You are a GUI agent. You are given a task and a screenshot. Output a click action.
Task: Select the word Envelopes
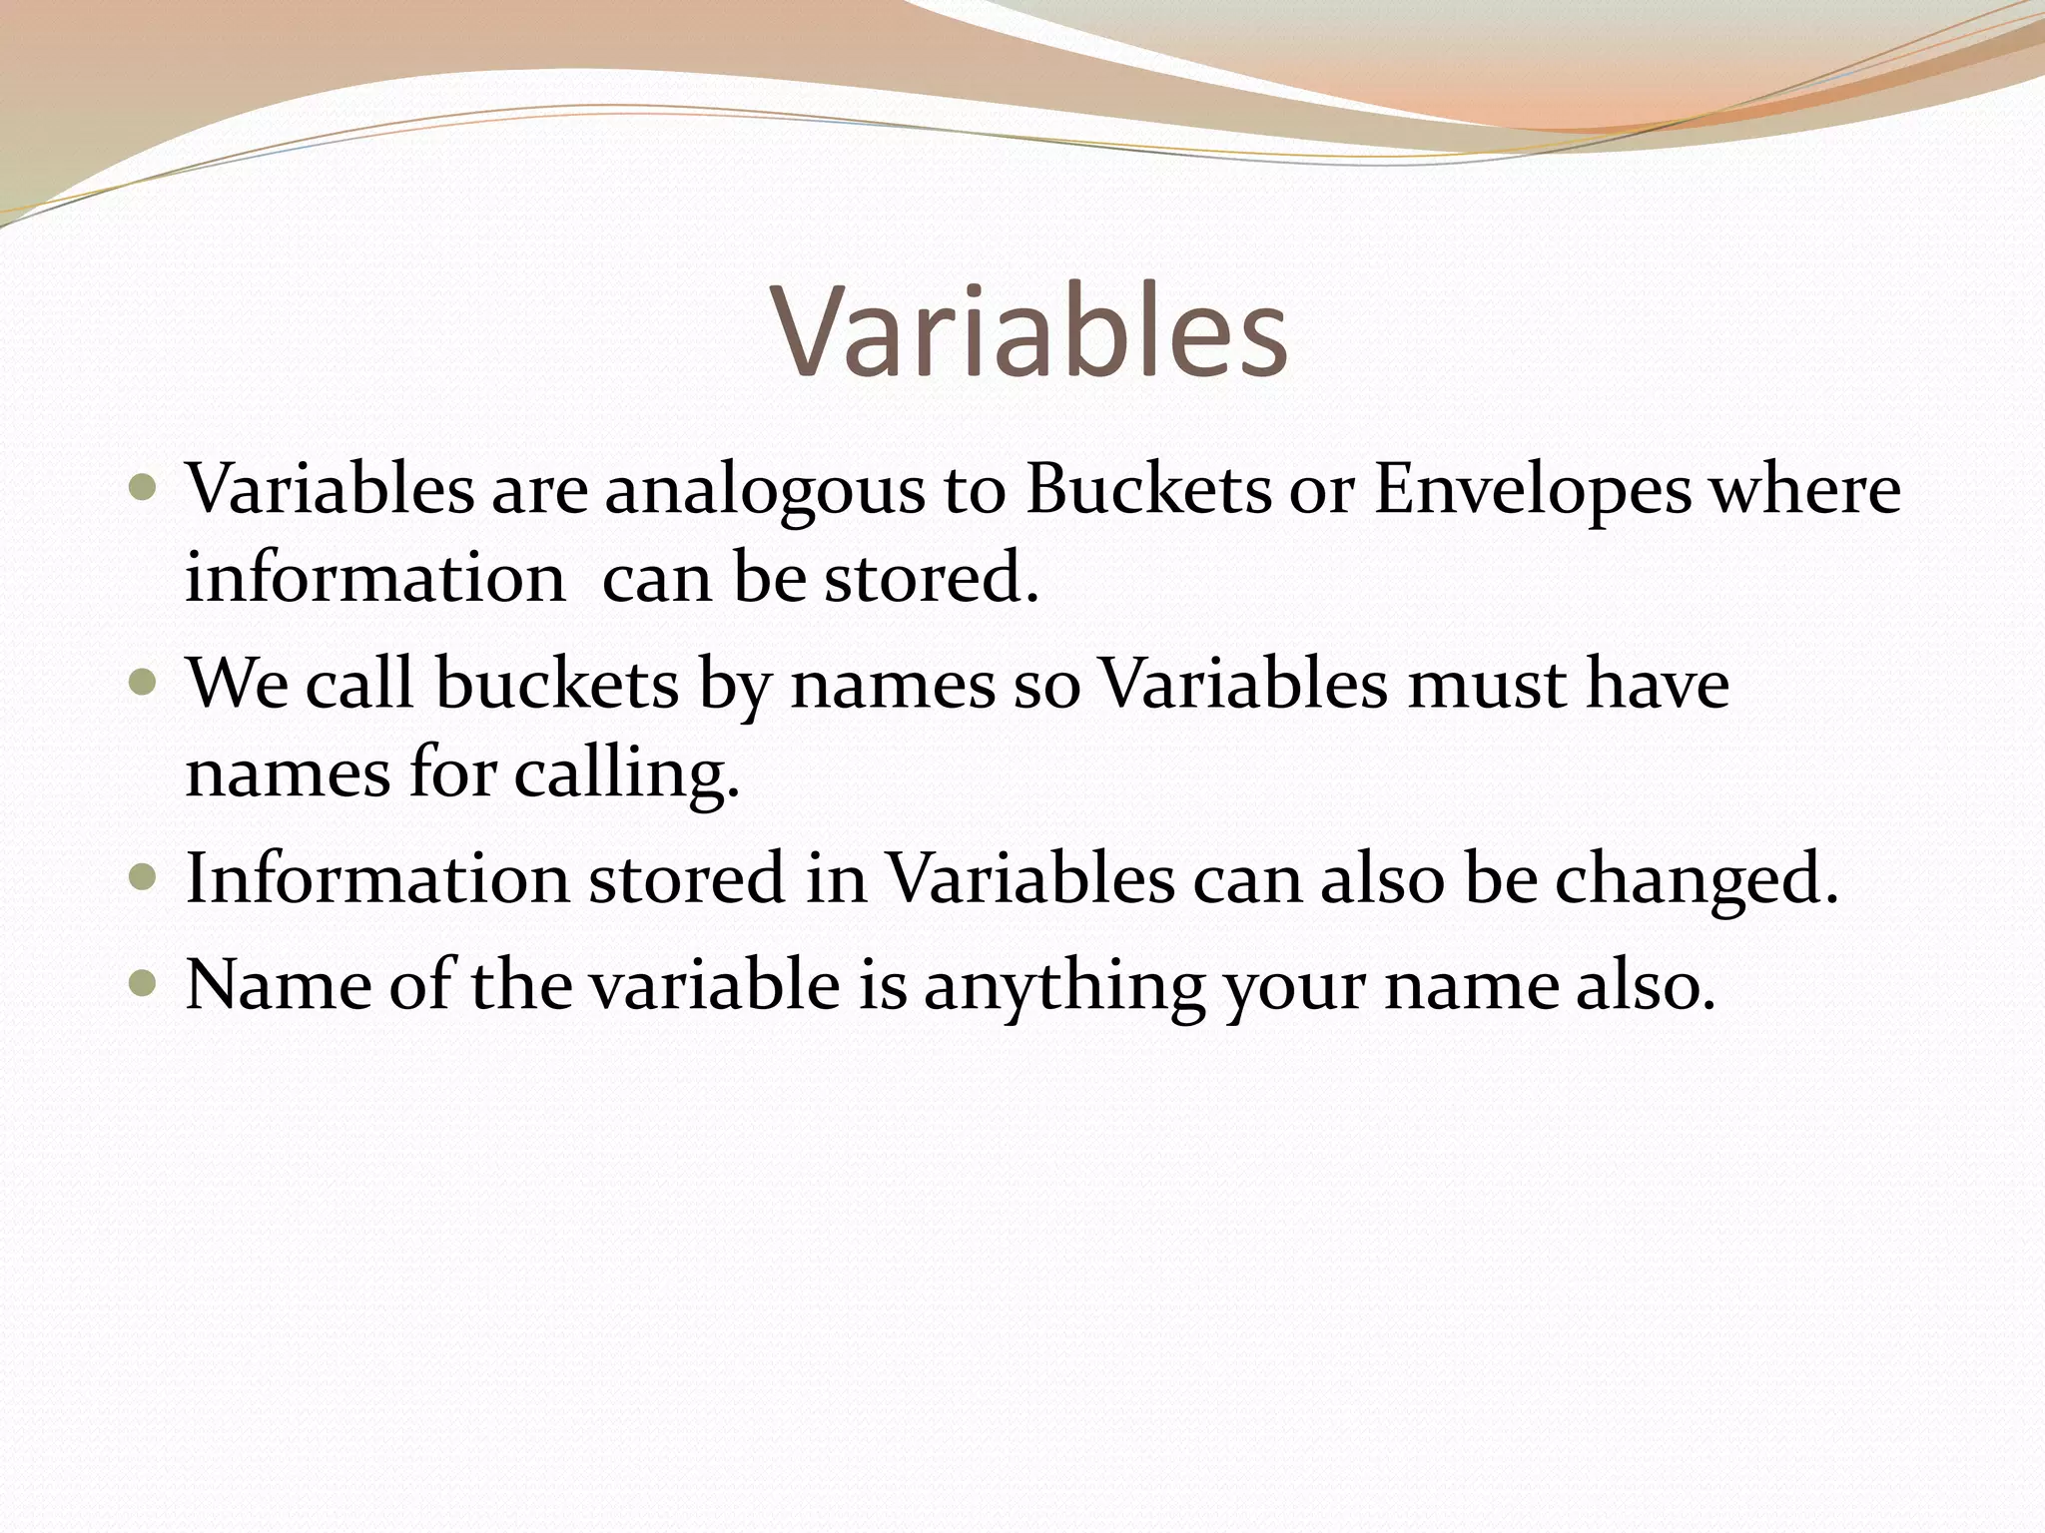pyautogui.click(x=1533, y=492)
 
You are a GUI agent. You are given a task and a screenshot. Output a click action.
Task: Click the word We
pyautogui.click(x=238, y=685)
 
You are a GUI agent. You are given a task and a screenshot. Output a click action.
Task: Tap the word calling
pyautogui.click(x=626, y=774)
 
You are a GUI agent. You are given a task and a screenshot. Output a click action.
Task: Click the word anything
pyautogui.click(x=1063, y=986)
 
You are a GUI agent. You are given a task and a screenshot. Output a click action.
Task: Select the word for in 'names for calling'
pyautogui.click(x=452, y=773)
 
